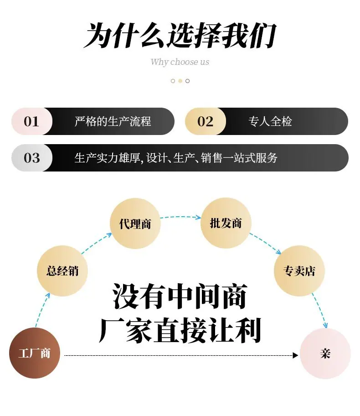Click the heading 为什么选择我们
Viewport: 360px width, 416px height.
(180, 35)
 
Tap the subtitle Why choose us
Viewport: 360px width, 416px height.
(180, 62)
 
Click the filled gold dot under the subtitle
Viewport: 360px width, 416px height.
(180, 81)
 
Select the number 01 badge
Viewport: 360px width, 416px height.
(32, 121)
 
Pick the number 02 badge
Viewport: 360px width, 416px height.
(206, 121)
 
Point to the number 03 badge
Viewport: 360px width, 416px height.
(32, 158)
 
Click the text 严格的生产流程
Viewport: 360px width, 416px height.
(113, 121)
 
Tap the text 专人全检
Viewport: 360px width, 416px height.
(270, 121)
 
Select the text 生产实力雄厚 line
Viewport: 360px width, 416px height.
(176, 158)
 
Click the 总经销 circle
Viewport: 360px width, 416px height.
(62, 271)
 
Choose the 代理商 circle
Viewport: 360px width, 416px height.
(135, 224)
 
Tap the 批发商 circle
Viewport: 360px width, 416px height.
(226, 223)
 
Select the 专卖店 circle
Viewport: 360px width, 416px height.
(299, 271)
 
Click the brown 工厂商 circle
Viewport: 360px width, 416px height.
(35, 353)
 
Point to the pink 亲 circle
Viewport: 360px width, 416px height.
(325, 354)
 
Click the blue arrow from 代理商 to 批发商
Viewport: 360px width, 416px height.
(180, 217)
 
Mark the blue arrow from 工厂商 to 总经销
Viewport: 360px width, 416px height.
(42, 310)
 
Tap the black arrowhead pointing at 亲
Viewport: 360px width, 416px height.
(295, 355)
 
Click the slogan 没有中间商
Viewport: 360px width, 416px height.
(180, 296)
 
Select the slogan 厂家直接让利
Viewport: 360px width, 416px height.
(180, 331)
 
